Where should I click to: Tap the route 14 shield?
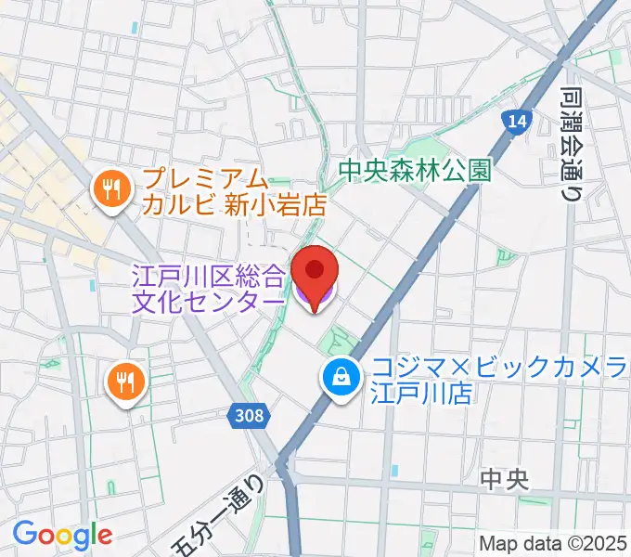516,120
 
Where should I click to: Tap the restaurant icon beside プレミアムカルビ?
113,190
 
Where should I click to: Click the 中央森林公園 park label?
413,171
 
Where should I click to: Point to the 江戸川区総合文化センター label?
208,288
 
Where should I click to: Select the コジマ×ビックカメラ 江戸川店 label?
492,382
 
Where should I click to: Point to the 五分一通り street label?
221,514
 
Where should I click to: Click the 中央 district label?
505,480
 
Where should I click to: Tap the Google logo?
62,535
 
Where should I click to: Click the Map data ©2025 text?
554,544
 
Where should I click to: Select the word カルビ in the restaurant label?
181,205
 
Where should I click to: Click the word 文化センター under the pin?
208,302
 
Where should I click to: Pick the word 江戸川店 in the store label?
424,395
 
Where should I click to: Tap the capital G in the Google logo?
25,534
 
